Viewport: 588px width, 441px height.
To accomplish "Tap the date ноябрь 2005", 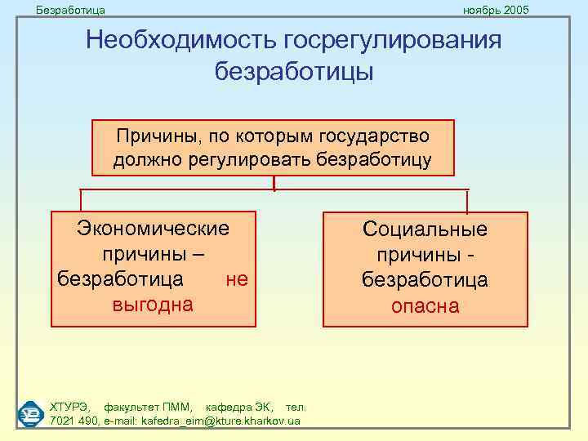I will tap(496, 9).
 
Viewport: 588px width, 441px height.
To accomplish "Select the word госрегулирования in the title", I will tap(393, 41).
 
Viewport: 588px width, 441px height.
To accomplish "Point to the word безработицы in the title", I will tap(293, 72).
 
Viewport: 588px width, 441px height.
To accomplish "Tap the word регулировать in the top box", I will tap(265, 158).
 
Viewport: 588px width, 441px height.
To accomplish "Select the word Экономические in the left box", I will tap(153, 227).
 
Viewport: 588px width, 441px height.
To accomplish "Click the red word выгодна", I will tap(153, 305).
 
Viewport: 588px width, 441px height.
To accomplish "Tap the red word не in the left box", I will tap(236, 279).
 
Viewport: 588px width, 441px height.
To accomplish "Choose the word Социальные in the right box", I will tap(425, 229).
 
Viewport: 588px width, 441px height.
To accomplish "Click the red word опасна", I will tap(425, 306).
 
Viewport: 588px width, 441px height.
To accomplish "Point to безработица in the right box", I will tap(425, 280).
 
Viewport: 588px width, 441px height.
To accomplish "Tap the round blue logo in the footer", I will tap(31, 414).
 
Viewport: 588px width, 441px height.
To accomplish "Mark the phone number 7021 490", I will tap(73, 421).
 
